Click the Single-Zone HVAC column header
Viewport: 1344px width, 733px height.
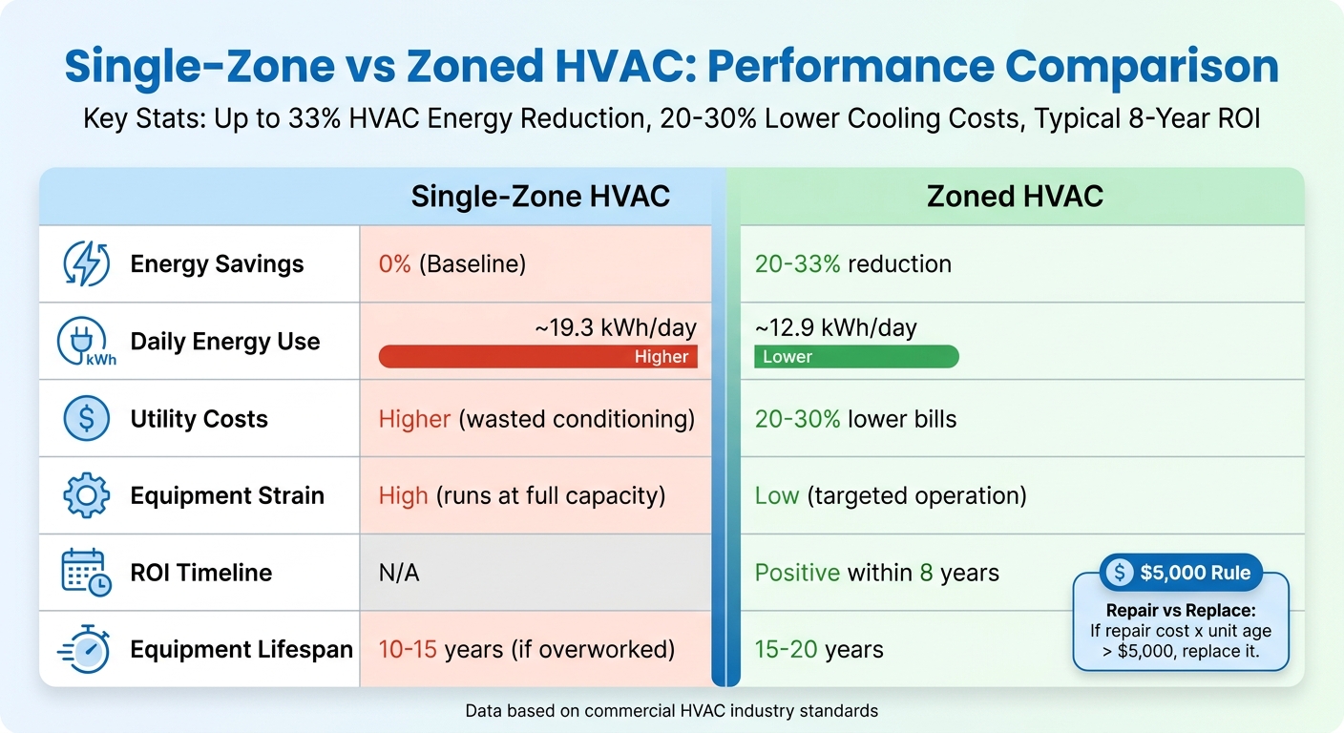pyautogui.click(x=540, y=197)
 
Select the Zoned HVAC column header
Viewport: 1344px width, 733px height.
pyautogui.click(x=1015, y=197)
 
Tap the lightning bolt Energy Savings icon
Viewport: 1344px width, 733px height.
pyautogui.click(x=86, y=264)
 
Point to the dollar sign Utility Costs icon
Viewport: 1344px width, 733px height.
pyautogui.click(x=86, y=419)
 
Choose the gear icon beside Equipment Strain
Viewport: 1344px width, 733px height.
pyautogui.click(x=86, y=496)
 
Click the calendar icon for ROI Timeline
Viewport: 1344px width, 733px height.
pyautogui.click(x=86, y=574)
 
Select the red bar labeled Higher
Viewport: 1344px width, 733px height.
pyautogui.click(x=537, y=357)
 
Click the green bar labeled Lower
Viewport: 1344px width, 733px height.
pyautogui.click(x=856, y=357)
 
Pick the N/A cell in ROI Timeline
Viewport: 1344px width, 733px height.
pyautogui.click(x=399, y=574)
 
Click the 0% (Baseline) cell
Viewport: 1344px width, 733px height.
pyautogui.click(x=452, y=264)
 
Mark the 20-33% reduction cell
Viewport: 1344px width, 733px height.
pyautogui.click(x=852, y=264)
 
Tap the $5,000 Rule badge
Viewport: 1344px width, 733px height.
pyautogui.click(x=1181, y=573)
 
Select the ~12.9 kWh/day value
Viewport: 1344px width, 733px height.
pyautogui.click(x=835, y=328)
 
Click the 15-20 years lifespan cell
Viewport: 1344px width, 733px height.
pyautogui.click(x=819, y=650)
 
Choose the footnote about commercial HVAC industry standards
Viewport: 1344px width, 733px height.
pyautogui.click(x=671, y=711)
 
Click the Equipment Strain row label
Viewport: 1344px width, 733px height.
pyautogui.click(x=227, y=496)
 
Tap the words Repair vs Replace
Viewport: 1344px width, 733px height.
pyautogui.click(x=1181, y=611)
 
